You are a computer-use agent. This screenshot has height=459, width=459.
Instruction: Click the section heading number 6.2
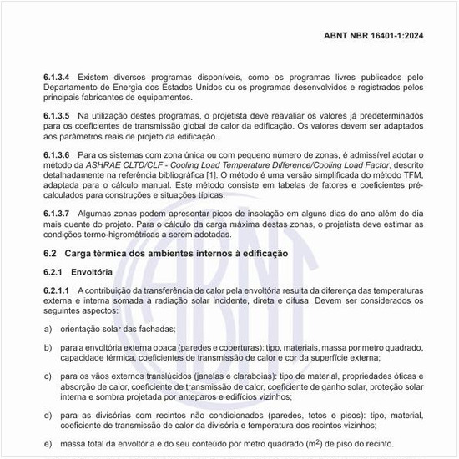tap(49, 252)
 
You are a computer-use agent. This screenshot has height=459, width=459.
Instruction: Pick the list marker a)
tap(48, 328)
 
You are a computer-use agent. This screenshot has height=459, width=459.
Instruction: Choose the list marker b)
tap(48, 346)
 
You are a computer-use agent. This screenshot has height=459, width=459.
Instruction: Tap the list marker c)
tap(48, 376)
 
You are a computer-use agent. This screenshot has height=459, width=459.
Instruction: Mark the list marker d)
tap(48, 415)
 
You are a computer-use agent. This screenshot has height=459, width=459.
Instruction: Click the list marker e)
tap(48, 444)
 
